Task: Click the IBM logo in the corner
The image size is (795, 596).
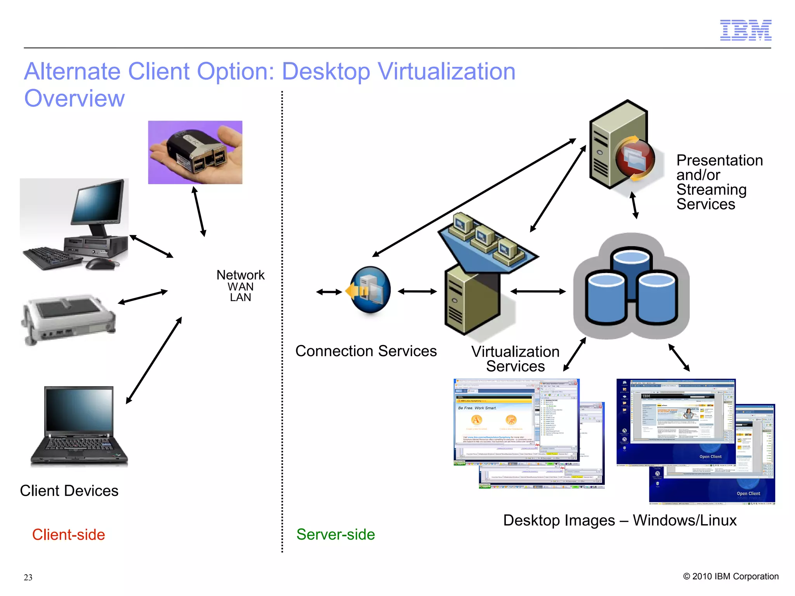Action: (x=745, y=30)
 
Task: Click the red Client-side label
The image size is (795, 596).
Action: (x=68, y=535)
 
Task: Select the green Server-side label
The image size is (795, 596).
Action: (x=335, y=535)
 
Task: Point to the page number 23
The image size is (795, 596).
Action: (x=28, y=577)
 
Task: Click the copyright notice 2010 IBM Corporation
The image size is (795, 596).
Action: (x=731, y=577)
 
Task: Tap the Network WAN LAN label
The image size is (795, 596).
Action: (x=240, y=286)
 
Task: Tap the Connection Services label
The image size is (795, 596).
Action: (x=366, y=351)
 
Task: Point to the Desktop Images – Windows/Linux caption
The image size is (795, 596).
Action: (x=620, y=520)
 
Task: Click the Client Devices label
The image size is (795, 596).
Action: (x=69, y=491)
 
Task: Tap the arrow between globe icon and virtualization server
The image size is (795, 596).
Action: (x=417, y=291)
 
